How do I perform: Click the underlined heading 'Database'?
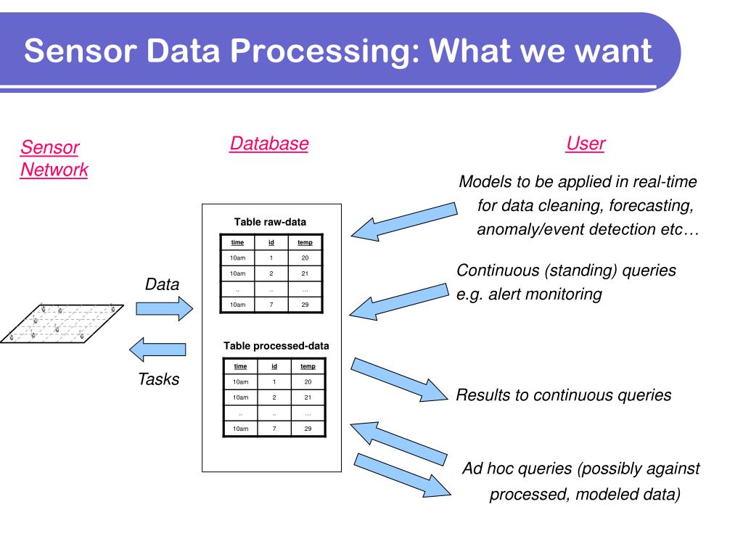pos(268,144)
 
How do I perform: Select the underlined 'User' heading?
pos(585,144)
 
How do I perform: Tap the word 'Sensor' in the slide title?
pos(78,51)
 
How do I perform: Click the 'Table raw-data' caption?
pos(270,222)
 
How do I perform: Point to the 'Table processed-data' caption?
pos(276,346)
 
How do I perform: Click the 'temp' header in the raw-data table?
pos(305,242)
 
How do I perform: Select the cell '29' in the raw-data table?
pos(305,305)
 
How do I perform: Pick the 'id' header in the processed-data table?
pos(274,366)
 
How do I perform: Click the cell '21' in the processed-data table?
pos(308,397)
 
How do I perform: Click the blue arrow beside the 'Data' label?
pos(165,308)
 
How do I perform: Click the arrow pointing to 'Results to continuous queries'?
pos(399,379)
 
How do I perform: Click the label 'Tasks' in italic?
pos(159,379)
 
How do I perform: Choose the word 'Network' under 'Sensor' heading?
pos(54,170)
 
